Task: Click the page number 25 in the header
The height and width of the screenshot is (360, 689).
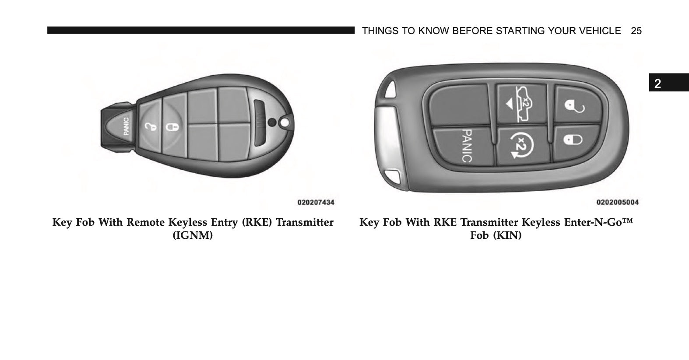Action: [636, 31]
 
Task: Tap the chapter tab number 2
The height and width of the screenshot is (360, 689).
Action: [657, 84]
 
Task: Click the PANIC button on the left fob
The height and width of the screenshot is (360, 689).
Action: [123, 126]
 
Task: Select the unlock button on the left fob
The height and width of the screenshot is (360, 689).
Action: [150, 126]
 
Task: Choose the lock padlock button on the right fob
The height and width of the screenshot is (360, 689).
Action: [575, 141]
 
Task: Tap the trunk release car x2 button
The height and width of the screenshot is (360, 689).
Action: [522, 104]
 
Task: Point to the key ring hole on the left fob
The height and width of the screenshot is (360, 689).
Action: [285, 123]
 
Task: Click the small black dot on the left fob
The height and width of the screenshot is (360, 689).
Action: [272, 122]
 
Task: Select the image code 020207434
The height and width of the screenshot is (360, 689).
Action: [316, 202]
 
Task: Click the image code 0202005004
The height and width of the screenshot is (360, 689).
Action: [617, 202]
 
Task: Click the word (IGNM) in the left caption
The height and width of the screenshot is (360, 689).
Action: [193, 235]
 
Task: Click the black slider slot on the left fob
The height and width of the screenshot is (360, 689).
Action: [259, 123]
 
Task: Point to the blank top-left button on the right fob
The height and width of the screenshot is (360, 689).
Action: [460, 105]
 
